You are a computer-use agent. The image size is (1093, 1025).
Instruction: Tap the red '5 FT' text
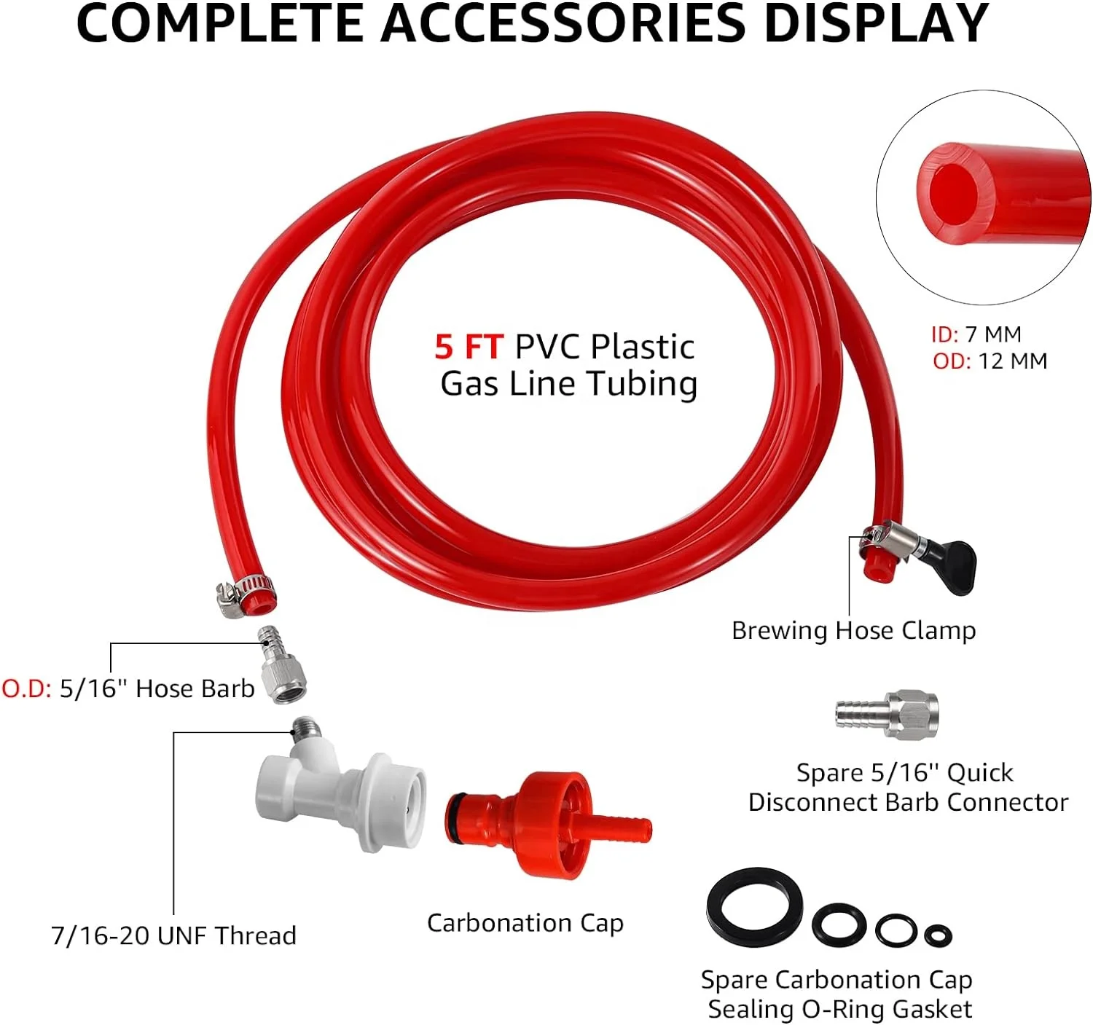coord(468,347)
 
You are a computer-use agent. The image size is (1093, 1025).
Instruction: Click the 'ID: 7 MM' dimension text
coord(976,334)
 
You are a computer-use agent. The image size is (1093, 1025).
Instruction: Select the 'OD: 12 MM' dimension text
coord(990,361)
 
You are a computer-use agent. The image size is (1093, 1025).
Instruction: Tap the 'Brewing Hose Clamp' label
coord(853,630)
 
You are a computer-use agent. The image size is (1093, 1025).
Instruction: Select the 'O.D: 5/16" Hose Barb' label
coord(128,688)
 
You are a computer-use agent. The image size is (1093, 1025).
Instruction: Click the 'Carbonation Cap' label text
coord(525,923)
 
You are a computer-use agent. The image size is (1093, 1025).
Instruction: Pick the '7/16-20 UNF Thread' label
coord(173,935)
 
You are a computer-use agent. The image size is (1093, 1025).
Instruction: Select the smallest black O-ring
coord(938,935)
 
